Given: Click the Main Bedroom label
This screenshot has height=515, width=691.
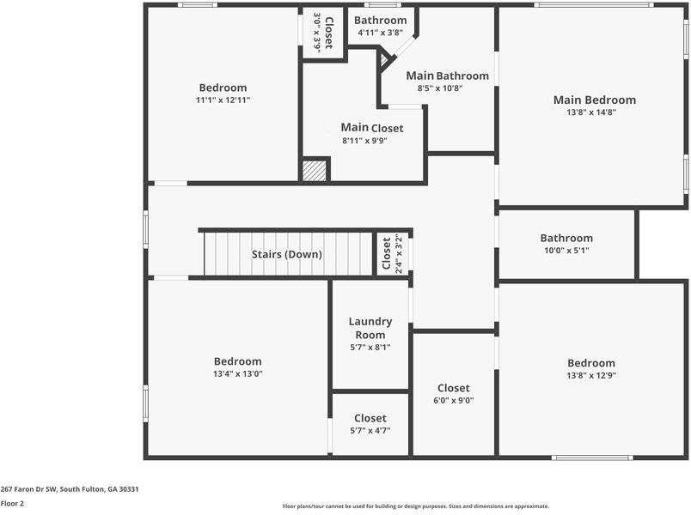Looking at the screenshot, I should pos(594,100).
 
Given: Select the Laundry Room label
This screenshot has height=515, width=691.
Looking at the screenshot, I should pos(370,328).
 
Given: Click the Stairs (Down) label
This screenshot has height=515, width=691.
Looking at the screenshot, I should pos(286,254).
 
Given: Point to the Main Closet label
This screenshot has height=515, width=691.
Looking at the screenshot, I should pos(371,128).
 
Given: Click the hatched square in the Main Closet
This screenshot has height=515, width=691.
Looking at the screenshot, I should pos(315,170).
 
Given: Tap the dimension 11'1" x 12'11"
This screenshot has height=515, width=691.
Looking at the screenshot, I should pos(223,100).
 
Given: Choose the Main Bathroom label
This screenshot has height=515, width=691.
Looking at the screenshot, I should pos(447,76).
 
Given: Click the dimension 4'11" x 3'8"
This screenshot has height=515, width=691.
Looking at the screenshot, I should pos(380,33).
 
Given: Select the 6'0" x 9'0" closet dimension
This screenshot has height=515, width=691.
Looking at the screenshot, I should pos(453,400).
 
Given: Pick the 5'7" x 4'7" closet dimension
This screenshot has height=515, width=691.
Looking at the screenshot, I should pos(370,430).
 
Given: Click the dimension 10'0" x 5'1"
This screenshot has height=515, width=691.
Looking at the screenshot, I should pos(566,251).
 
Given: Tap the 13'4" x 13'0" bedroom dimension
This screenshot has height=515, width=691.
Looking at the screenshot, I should pos(237,373).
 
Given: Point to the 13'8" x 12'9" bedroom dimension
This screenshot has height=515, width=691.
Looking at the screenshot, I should pos(590,375).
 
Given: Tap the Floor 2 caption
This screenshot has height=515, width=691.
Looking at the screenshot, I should pos(12,504).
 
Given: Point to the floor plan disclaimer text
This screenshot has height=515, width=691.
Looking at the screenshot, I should pos(415,506).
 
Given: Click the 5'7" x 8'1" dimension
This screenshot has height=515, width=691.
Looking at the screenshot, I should pos(370,347).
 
